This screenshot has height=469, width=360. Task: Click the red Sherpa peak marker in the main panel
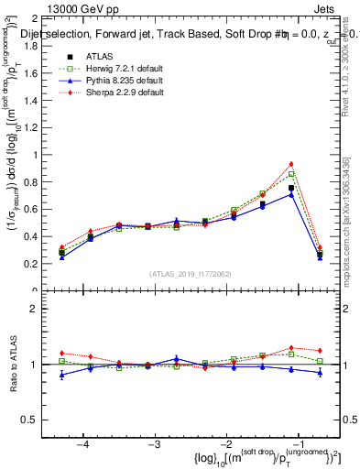click(291, 164)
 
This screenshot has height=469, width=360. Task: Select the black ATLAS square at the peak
click(291, 188)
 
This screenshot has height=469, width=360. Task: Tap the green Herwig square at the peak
click(291, 174)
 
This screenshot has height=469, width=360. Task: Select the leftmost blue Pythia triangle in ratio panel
click(61, 375)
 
